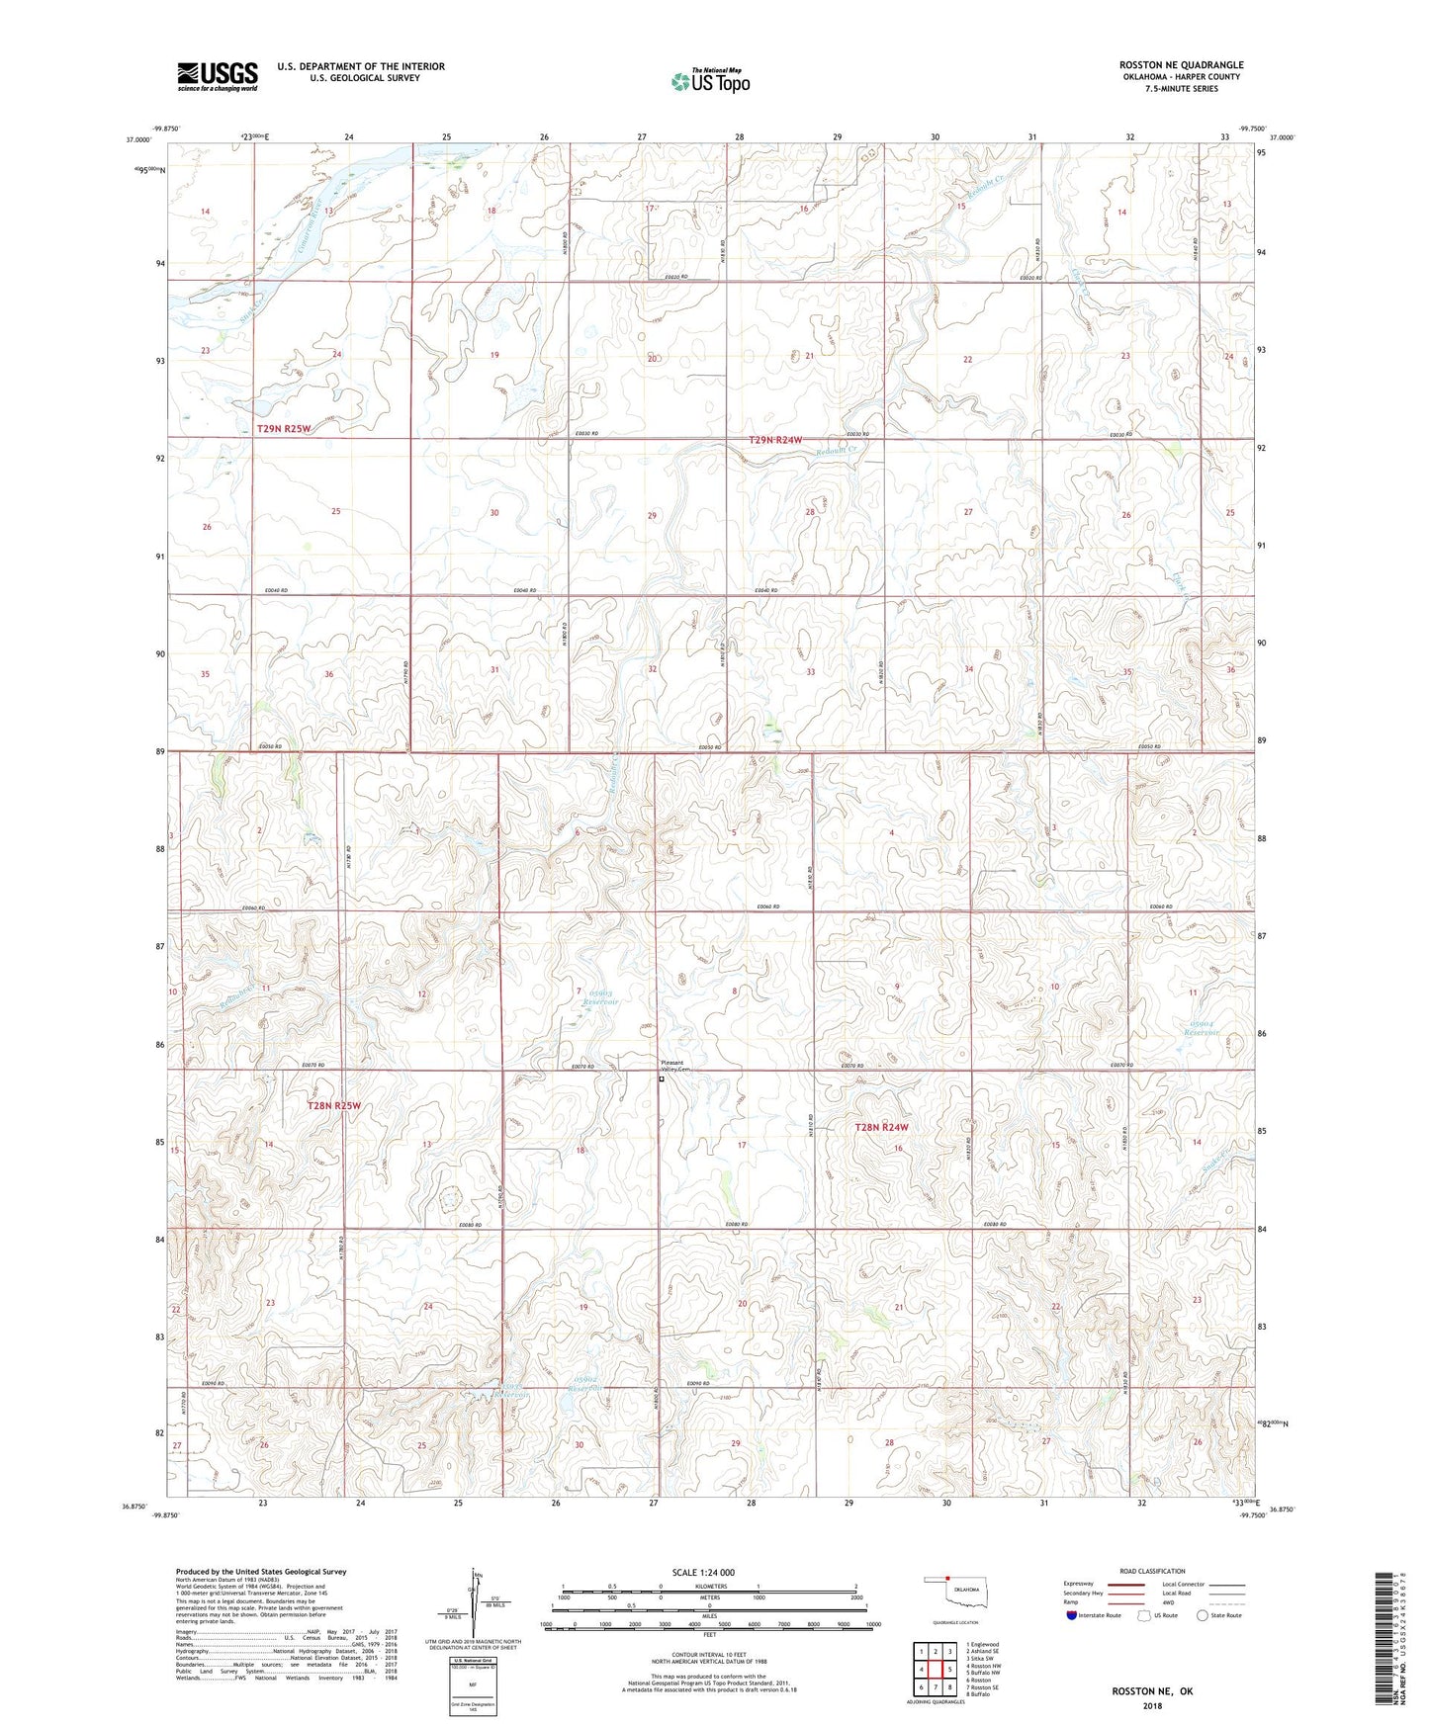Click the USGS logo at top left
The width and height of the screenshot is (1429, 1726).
point(218,76)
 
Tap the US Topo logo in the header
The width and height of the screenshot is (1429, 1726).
point(710,81)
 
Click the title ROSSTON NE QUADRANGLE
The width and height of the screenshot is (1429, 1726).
point(1181,65)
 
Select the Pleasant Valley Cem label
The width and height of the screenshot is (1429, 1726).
point(673,1067)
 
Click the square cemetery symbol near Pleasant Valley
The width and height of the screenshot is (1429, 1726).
point(662,1079)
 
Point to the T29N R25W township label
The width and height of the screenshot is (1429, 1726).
point(284,429)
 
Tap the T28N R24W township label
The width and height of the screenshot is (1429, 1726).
point(881,1127)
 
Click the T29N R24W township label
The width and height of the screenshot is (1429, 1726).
point(774,440)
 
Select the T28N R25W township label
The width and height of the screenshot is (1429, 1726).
point(334,1106)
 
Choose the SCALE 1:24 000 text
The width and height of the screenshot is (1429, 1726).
point(703,1572)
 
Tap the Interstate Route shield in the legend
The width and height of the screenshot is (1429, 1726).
point(1073,1615)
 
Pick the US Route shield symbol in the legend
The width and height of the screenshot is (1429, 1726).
point(1144,1615)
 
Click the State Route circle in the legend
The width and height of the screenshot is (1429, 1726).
point(1202,1615)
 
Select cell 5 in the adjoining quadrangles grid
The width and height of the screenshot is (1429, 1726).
point(947,1669)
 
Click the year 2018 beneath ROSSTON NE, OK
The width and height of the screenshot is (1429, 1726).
point(1152,1705)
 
